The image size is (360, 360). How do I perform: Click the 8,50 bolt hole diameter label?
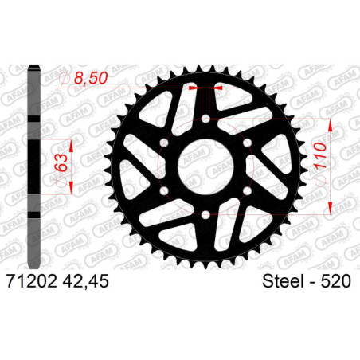[91, 78]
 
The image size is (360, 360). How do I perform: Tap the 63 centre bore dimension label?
[61, 162]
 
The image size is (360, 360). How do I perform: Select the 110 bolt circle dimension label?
[320, 155]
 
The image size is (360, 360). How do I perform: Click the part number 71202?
[32, 281]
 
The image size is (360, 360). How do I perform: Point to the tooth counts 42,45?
[85, 281]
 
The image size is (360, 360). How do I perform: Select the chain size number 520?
[336, 281]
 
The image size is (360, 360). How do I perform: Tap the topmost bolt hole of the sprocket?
[205, 119]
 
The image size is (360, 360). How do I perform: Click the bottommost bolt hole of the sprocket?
[205, 214]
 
